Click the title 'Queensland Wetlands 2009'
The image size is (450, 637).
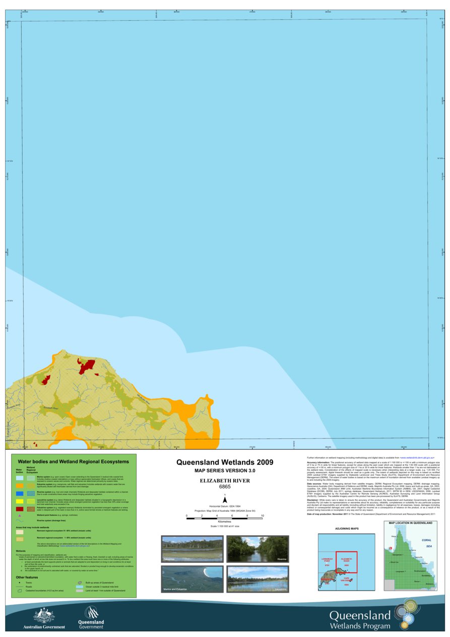click(x=225, y=462)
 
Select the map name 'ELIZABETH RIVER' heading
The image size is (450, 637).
click(x=225, y=481)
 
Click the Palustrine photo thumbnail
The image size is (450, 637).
click(x=192, y=549)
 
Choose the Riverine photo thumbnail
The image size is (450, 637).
click(x=258, y=549)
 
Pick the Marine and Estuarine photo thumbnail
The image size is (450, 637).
click(x=192, y=579)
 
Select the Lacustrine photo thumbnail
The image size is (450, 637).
click(x=258, y=579)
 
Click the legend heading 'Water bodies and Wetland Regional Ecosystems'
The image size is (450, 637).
click(x=74, y=461)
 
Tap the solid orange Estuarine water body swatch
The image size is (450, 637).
click(x=20, y=485)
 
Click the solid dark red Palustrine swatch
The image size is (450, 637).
click(x=20, y=509)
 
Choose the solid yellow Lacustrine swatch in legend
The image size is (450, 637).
click(x=20, y=501)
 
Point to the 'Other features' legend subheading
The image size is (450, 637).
click(x=27, y=578)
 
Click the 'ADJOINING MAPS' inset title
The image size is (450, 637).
click(x=347, y=529)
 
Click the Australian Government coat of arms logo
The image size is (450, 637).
click(x=44, y=615)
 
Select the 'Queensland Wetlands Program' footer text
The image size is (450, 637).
click(x=360, y=620)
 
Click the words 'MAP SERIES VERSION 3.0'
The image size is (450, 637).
click(x=225, y=470)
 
